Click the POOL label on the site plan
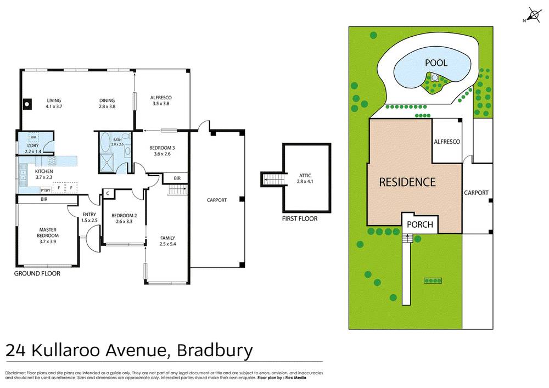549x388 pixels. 436,63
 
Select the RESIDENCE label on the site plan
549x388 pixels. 407,182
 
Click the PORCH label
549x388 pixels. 420,224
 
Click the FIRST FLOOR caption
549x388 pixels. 300,218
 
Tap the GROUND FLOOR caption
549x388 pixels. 37,273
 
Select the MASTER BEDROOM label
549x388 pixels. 48,235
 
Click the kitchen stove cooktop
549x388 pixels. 52,161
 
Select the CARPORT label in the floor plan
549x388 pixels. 216,200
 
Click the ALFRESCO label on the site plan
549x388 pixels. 446,142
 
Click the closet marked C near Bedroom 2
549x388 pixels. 108,193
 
